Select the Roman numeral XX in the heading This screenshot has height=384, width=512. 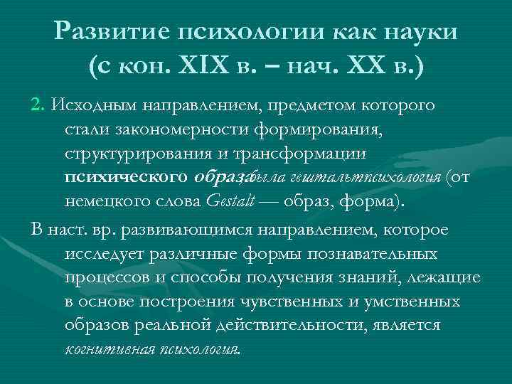364,68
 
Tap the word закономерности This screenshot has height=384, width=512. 178,130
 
